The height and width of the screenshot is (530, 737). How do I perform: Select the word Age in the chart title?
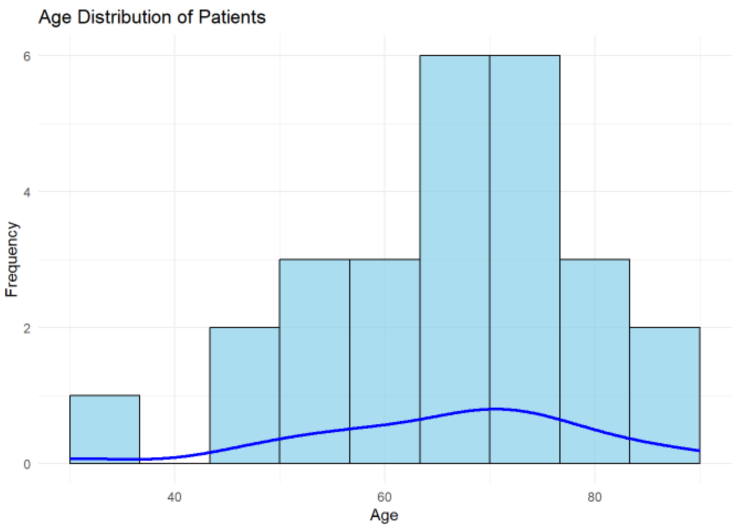[55, 18]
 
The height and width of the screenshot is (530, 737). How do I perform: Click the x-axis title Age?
[384, 515]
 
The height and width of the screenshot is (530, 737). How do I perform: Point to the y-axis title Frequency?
[12, 259]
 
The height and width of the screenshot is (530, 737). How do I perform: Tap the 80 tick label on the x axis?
[594, 497]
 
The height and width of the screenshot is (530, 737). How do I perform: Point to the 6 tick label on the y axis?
[27, 56]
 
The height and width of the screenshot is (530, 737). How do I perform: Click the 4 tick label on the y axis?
[27, 192]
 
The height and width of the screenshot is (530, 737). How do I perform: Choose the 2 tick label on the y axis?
[27, 328]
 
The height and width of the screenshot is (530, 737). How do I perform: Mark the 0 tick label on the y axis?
[27, 464]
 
